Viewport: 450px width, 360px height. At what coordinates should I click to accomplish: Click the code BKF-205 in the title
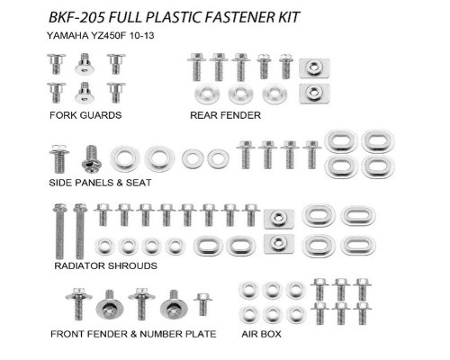76,17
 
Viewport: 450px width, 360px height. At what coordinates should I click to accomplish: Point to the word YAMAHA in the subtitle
67,36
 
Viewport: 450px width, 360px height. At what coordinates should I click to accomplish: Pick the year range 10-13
142,36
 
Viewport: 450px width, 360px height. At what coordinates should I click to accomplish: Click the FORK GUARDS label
85,115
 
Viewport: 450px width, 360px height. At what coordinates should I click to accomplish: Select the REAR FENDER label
226,115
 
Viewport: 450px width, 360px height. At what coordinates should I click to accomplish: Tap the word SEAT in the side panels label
139,183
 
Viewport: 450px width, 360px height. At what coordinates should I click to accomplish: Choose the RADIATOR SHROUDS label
105,265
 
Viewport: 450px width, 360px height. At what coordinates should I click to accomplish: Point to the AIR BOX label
261,334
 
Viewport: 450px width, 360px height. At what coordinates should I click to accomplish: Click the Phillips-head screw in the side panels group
92,159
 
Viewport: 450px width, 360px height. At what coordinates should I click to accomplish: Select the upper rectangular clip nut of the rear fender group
314,68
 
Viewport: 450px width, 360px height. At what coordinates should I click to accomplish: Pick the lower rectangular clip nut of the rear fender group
314,94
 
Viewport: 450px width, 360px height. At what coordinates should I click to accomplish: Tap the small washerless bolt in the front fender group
203,304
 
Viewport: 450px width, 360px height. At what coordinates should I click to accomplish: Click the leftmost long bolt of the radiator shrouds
60,231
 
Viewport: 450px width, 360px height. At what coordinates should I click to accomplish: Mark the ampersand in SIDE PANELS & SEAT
120,183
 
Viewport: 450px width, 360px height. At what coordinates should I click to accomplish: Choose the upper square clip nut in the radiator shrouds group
279,219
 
